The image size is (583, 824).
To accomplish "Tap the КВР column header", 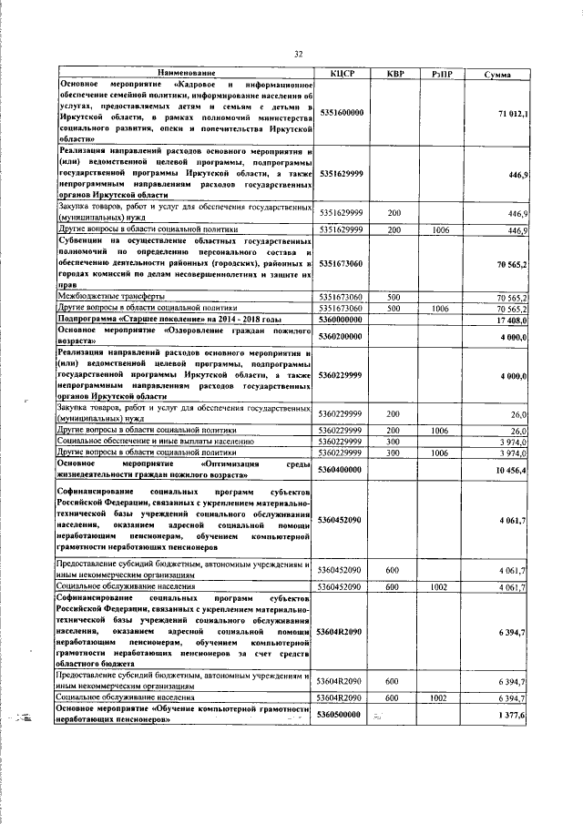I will pyautogui.click(x=394, y=73).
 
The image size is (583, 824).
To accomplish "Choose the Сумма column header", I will pyautogui.click(x=497, y=73).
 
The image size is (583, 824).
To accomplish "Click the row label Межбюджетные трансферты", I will pyautogui.click(x=111, y=297).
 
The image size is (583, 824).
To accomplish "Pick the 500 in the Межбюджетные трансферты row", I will pyautogui.click(x=394, y=297).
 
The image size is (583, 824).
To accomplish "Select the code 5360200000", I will pyautogui.click(x=342, y=337).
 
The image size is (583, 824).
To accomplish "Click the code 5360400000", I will pyautogui.click(x=342, y=469).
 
